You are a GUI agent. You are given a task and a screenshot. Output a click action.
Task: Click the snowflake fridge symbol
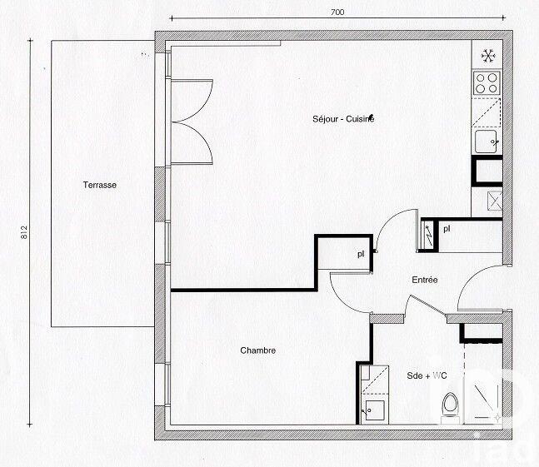click(487, 56)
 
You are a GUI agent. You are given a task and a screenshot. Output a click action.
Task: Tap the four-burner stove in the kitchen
click(487, 82)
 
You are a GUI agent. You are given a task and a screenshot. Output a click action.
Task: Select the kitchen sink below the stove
click(487, 142)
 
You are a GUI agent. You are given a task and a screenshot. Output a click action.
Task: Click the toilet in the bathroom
click(451, 407)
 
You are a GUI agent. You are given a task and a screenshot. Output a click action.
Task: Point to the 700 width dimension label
click(337, 12)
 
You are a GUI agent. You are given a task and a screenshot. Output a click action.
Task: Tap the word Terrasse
click(99, 185)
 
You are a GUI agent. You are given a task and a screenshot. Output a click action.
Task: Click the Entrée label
click(424, 281)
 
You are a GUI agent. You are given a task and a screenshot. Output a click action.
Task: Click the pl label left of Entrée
click(361, 254)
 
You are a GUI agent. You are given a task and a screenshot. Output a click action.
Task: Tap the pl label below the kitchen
click(447, 228)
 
